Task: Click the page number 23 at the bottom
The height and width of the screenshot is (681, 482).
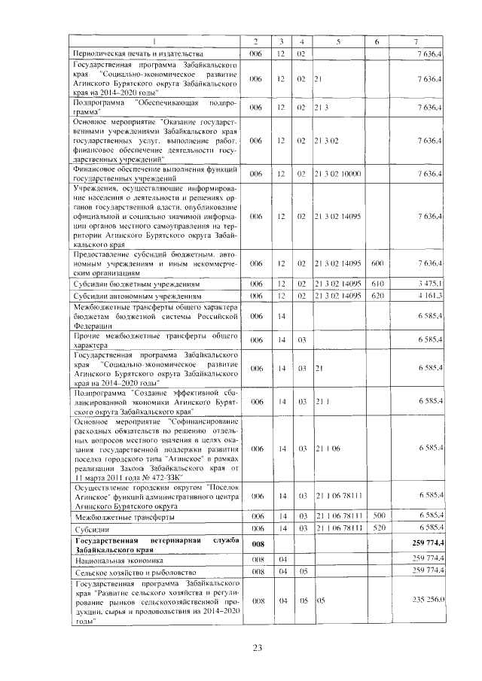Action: (256, 648)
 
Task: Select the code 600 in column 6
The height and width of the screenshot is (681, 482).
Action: (378, 263)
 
